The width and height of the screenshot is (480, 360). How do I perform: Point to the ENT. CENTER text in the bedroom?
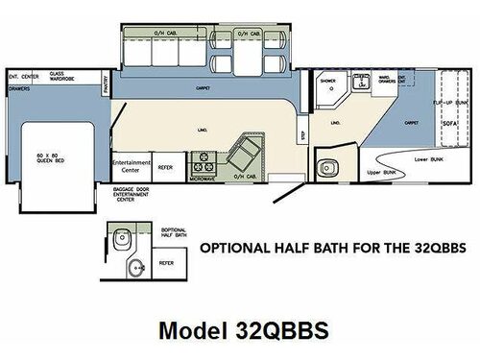click(x=23, y=73)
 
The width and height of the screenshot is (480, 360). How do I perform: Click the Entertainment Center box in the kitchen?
click(x=132, y=167)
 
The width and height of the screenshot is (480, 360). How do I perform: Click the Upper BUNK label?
click(x=382, y=171)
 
